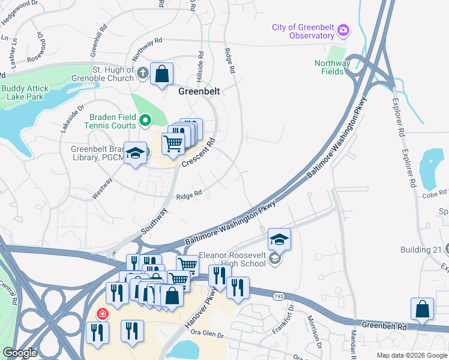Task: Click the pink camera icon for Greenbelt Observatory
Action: pyautogui.click(x=343, y=29)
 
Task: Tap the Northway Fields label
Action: pyautogui.click(x=333, y=67)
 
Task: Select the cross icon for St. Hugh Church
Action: pyautogui.click(x=142, y=74)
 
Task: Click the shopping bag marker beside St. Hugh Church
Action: pyautogui.click(x=161, y=75)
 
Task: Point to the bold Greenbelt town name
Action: pyautogui.click(x=199, y=92)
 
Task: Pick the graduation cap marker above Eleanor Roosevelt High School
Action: pyautogui.click(x=279, y=239)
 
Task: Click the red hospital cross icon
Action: pyautogui.click(x=103, y=314)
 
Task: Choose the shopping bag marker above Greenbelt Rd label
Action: pyautogui.click(x=423, y=309)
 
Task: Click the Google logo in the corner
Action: pyautogui.click(x=20, y=352)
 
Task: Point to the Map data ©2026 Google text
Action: pyautogui.click(x=411, y=355)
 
